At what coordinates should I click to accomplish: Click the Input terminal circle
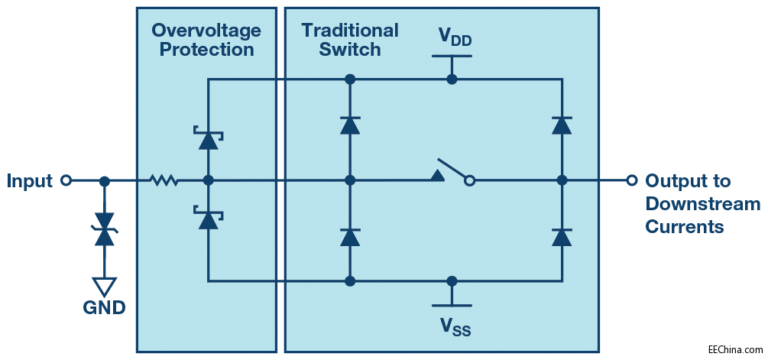tap(66, 181)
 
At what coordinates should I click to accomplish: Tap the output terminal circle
tap(631, 180)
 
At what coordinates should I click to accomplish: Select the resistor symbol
tap(164, 181)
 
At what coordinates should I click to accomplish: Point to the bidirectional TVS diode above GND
tap(105, 229)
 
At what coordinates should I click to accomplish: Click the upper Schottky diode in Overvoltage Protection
tap(207, 140)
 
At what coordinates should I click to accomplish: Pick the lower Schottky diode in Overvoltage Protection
tap(207, 219)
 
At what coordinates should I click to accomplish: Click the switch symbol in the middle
tap(454, 174)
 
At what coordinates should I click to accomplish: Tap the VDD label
tap(454, 37)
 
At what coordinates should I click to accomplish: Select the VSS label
tap(454, 326)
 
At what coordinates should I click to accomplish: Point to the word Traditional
tap(350, 31)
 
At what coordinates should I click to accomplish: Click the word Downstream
tap(702, 204)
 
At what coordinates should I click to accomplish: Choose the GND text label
tap(105, 308)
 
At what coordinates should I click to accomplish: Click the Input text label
tap(30, 181)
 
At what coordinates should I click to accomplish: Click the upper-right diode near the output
tap(562, 125)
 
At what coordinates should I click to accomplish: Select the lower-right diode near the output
tap(562, 236)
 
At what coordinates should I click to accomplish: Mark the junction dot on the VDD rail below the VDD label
tap(452, 79)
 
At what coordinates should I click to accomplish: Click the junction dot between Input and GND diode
tap(105, 181)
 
